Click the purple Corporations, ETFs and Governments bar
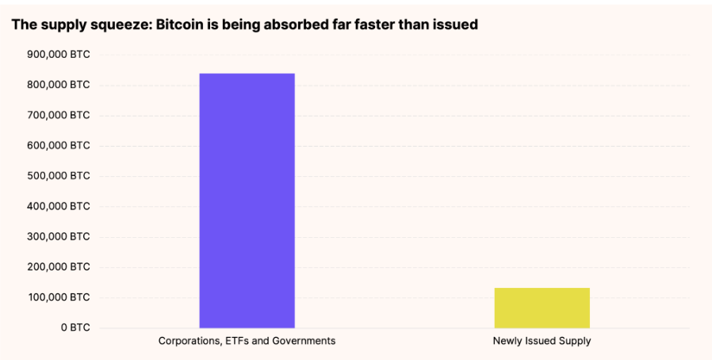click(x=247, y=201)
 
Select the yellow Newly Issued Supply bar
click(x=542, y=308)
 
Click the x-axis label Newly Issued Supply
click(x=542, y=341)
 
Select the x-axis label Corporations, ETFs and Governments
click(x=247, y=341)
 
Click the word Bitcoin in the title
click(x=182, y=25)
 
